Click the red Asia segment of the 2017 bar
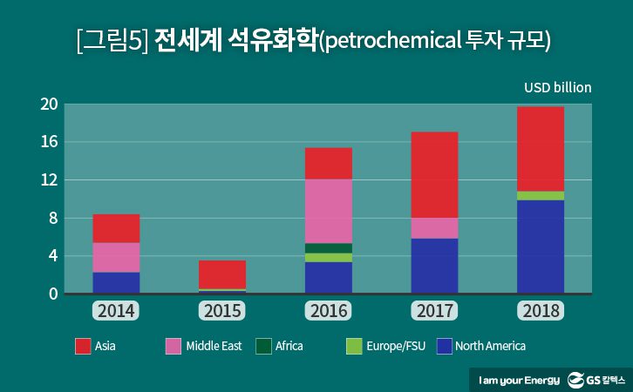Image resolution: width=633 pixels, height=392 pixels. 434,174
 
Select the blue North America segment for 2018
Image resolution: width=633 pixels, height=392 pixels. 541,247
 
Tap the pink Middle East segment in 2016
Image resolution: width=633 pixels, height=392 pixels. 328,211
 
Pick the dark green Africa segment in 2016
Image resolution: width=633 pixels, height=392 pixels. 328,248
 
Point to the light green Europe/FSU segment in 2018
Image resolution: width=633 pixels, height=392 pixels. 541,196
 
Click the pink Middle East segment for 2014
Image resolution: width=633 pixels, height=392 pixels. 116,257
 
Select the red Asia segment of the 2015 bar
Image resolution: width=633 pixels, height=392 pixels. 222,274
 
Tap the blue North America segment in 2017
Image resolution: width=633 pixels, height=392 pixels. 434,266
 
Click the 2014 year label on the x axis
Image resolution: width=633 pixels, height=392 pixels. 116,311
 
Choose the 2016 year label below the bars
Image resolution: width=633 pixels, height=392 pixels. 328,311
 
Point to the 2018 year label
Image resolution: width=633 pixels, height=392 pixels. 541,311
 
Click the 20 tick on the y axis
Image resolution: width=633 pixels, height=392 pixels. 49,105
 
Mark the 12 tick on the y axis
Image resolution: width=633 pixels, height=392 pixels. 49,180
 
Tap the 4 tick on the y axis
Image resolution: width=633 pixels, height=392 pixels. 52,256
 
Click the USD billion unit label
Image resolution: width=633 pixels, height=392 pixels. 557,87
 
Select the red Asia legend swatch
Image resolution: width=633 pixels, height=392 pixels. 83,346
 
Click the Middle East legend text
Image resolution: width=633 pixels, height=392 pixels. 214,346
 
